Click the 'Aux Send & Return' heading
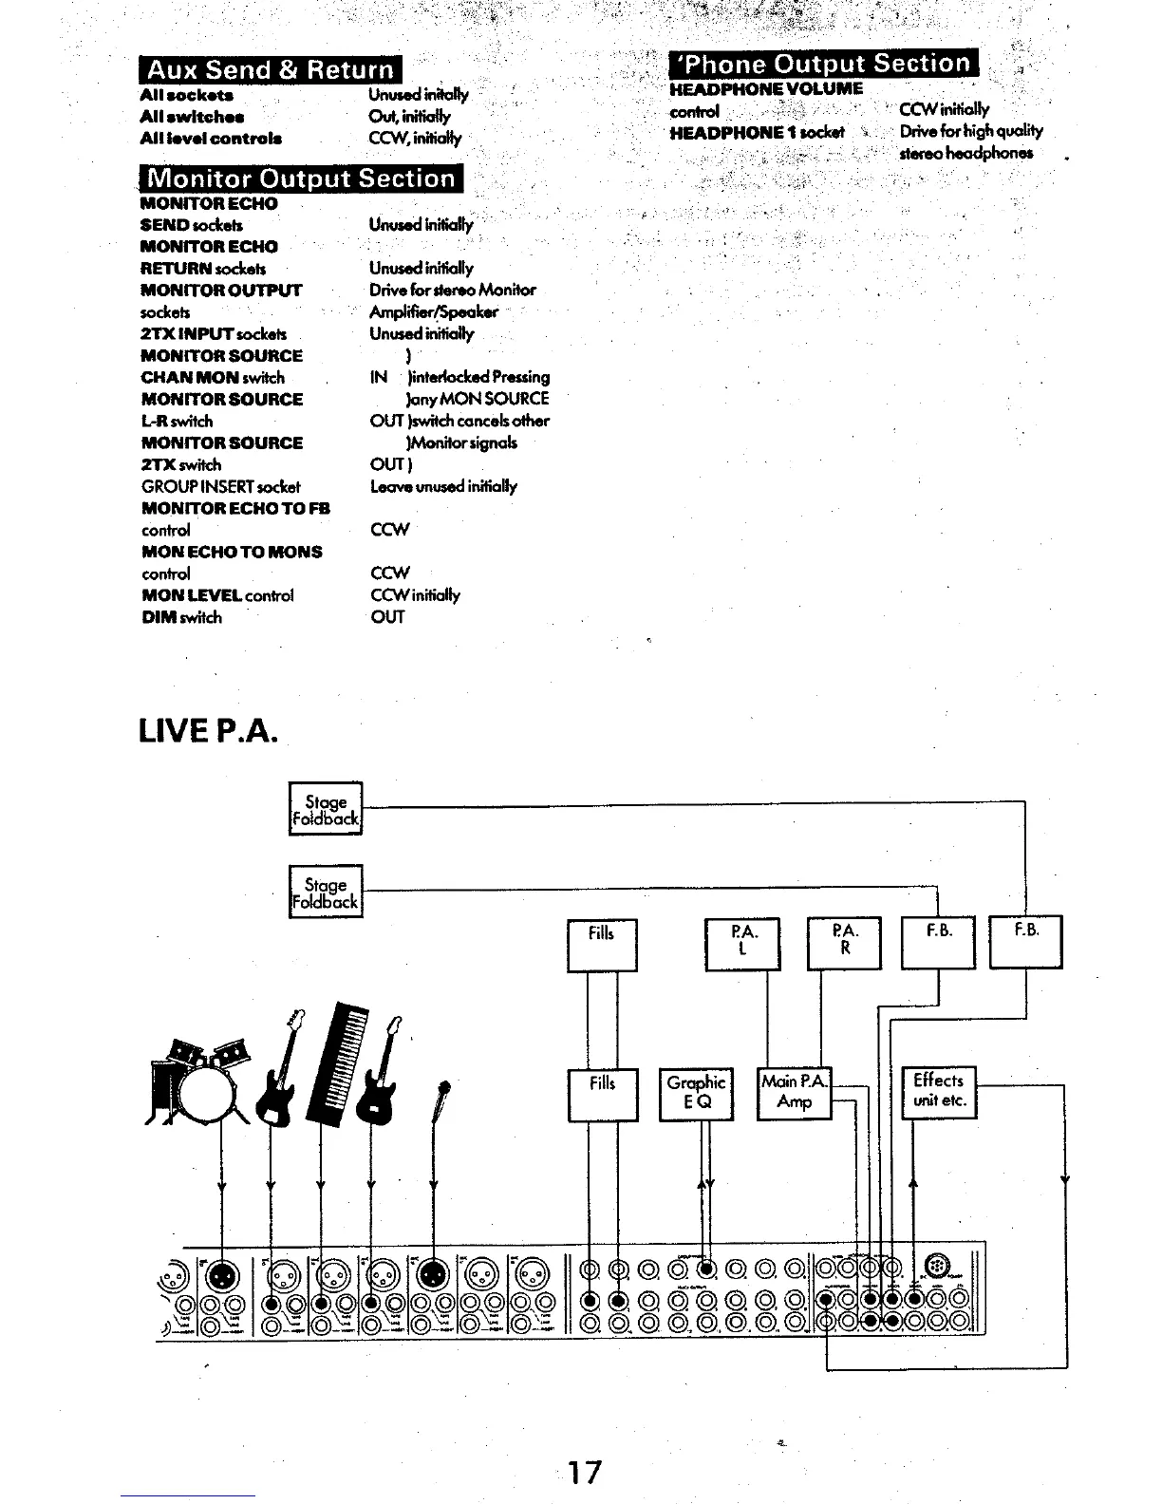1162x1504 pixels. tap(271, 69)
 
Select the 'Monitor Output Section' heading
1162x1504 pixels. tap(301, 179)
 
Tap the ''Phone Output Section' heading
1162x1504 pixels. tap(824, 64)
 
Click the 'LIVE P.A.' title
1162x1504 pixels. tap(208, 731)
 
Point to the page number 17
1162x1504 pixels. tap(584, 1472)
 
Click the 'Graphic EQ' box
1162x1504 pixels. tap(696, 1094)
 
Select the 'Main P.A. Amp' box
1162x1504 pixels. tap(794, 1092)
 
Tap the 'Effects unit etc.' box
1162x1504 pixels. tap(938, 1091)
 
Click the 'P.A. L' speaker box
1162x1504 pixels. tap(741, 943)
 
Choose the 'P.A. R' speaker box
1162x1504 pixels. tap(844, 943)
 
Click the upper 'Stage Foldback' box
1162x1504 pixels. tap(325, 809)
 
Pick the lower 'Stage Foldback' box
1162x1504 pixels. tap(325, 892)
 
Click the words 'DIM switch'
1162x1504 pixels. tap(181, 617)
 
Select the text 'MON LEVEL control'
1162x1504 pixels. tap(217, 595)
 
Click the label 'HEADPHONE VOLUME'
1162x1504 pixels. tap(766, 89)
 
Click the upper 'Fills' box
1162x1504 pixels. tap(602, 945)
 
